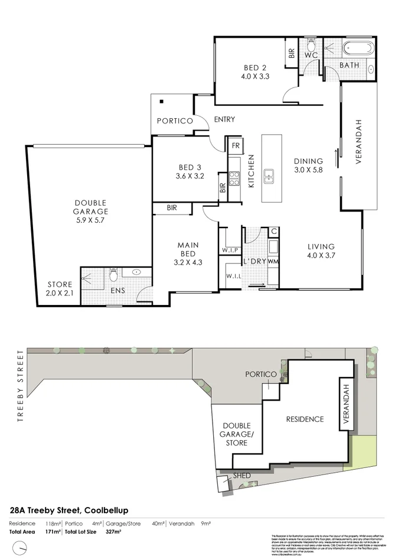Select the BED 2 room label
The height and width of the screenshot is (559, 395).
255,71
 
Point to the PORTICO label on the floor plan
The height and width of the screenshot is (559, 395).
174,121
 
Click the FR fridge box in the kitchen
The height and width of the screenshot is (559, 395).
235,145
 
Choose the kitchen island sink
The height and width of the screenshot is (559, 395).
270,174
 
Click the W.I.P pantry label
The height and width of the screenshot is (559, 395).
229,250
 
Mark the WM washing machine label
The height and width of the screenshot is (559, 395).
273,261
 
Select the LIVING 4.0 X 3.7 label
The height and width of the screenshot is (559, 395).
321,251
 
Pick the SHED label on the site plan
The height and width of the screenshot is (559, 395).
241,476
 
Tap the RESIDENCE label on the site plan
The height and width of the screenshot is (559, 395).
305,419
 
